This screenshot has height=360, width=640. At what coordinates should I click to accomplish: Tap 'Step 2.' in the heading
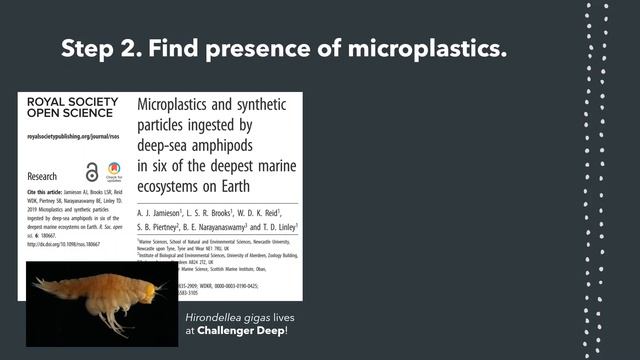(x=101, y=48)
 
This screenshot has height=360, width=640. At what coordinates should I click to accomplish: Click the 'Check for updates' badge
(x=114, y=171)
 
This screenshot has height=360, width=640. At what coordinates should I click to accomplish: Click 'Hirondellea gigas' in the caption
(x=229, y=316)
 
